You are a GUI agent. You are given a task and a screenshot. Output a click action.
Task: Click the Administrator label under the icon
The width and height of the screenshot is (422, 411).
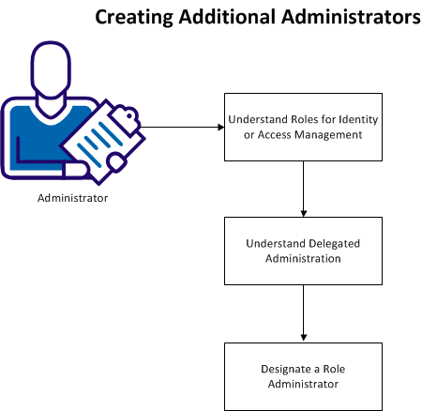pyautogui.click(x=72, y=198)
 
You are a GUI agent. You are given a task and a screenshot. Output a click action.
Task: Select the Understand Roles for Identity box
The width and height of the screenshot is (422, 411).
pyautogui.click(x=302, y=127)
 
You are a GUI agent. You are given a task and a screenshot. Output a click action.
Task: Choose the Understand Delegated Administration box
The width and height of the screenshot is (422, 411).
pyautogui.click(x=302, y=251)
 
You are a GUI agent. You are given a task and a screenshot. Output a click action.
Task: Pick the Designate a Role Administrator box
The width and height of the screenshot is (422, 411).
pyautogui.click(x=302, y=376)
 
